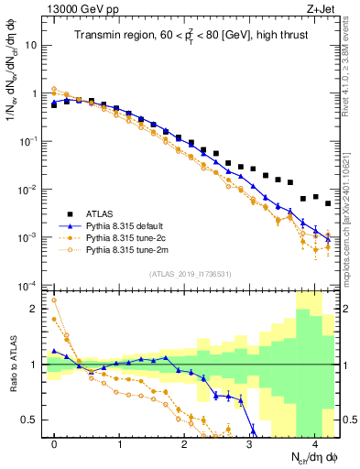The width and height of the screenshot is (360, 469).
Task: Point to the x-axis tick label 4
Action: pyautogui.click(x=314, y=444)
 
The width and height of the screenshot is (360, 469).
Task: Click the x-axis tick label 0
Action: pyautogui.click(x=54, y=444)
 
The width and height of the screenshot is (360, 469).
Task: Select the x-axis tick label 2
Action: pyautogui.click(x=184, y=444)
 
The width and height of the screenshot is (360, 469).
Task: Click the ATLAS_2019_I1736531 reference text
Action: pyautogui.click(x=191, y=274)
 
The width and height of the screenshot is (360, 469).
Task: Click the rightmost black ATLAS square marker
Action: pyautogui.click(x=328, y=203)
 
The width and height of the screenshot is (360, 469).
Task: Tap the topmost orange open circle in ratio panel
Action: pyautogui.click(x=54, y=300)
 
